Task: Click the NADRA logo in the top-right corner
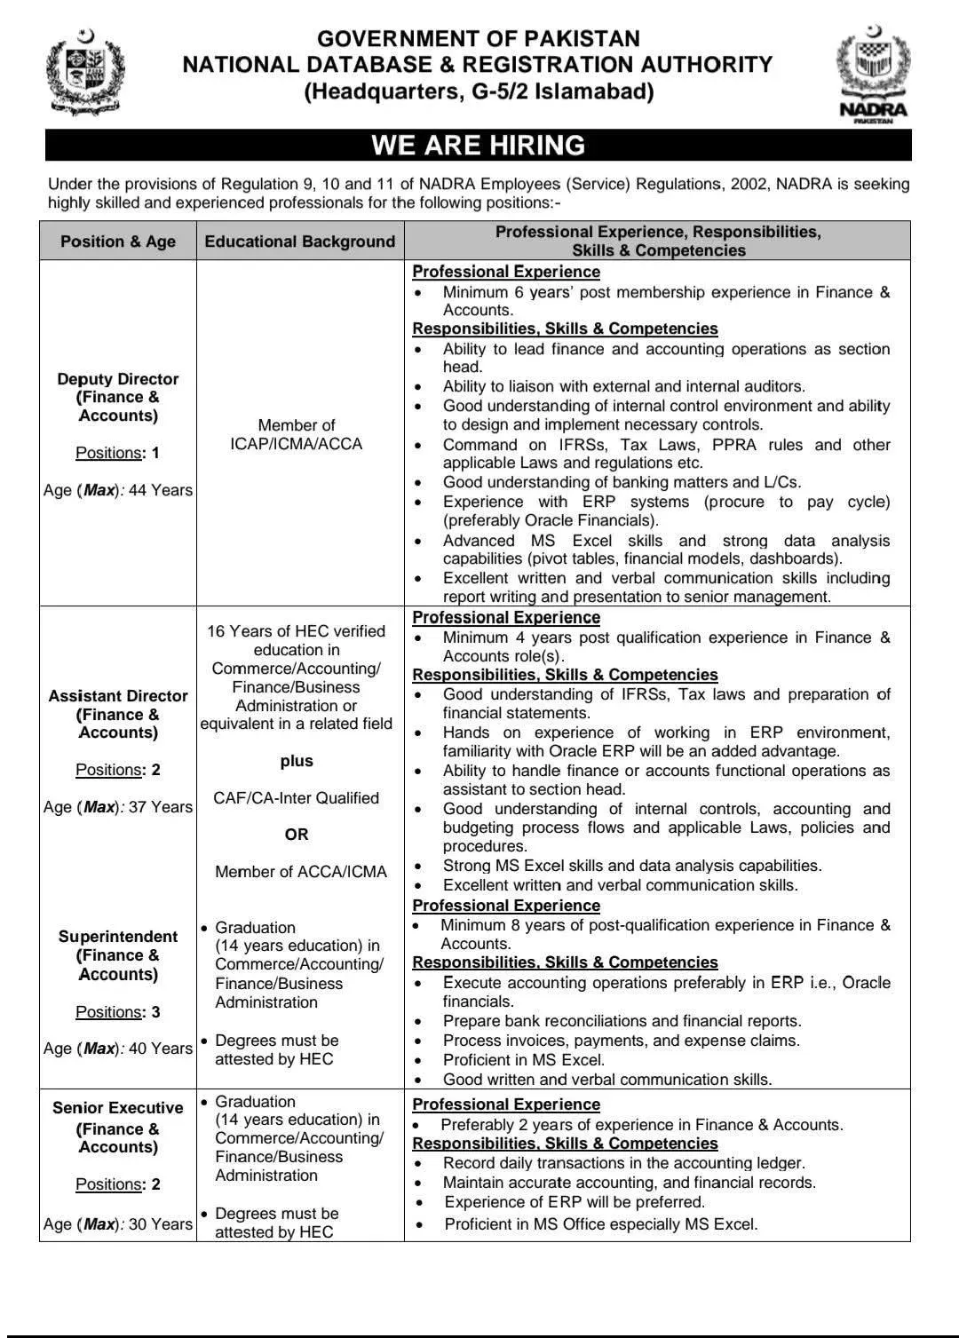pos(873,76)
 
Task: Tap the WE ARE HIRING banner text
pos(478,145)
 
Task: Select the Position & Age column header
pos(118,241)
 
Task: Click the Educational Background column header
pos(300,241)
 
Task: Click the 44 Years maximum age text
pos(161,490)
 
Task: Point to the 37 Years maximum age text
pos(161,807)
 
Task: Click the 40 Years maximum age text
pos(161,1049)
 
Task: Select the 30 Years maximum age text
pos(161,1224)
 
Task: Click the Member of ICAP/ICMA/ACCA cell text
pos(297,434)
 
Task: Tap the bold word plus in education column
pos(297,761)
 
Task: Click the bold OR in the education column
pos(297,835)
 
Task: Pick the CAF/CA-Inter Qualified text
pos(297,798)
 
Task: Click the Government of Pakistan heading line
pos(478,38)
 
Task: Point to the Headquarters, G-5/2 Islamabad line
pos(478,91)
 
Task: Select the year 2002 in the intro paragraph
pos(754,184)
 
